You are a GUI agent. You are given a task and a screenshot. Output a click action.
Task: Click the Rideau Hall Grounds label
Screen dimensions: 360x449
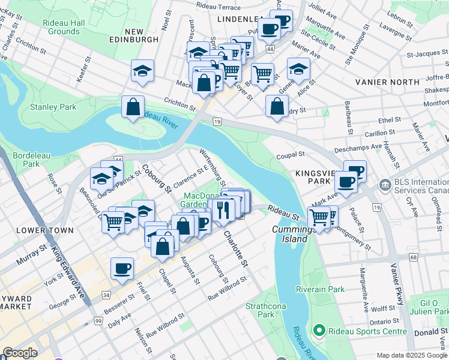tap(63, 27)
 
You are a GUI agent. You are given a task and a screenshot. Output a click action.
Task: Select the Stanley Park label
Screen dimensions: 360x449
tap(53, 107)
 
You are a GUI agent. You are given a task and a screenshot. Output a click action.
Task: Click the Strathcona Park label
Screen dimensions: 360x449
tap(259, 310)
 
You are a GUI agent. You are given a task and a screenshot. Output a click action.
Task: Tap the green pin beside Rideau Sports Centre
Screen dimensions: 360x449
tap(319, 331)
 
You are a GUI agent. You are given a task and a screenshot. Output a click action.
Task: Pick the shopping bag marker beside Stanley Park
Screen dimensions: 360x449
tap(133, 108)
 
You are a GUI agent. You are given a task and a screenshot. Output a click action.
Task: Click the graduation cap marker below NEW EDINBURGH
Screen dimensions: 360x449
tap(142, 71)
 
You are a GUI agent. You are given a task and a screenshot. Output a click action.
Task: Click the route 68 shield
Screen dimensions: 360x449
tap(413, 257)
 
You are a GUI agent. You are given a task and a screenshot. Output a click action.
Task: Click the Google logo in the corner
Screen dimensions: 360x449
tap(20, 353)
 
